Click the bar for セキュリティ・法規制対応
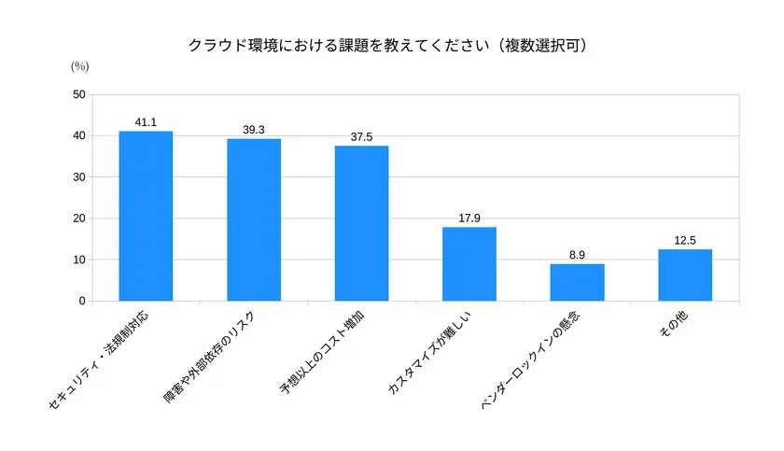(146, 216)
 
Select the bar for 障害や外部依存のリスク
(254, 219)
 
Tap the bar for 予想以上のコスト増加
(361, 223)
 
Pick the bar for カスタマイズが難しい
(469, 263)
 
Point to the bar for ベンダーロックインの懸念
(577, 282)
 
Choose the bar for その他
(685, 275)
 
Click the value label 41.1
(146, 122)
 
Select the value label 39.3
(254, 130)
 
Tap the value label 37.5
(361, 137)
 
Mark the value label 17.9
(469, 218)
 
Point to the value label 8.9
(577, 255)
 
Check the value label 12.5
(685, 241)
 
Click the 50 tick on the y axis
(79, 94)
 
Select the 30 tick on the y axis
(79, 177)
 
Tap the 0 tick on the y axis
(82, 301)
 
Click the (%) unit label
(79, 66)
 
